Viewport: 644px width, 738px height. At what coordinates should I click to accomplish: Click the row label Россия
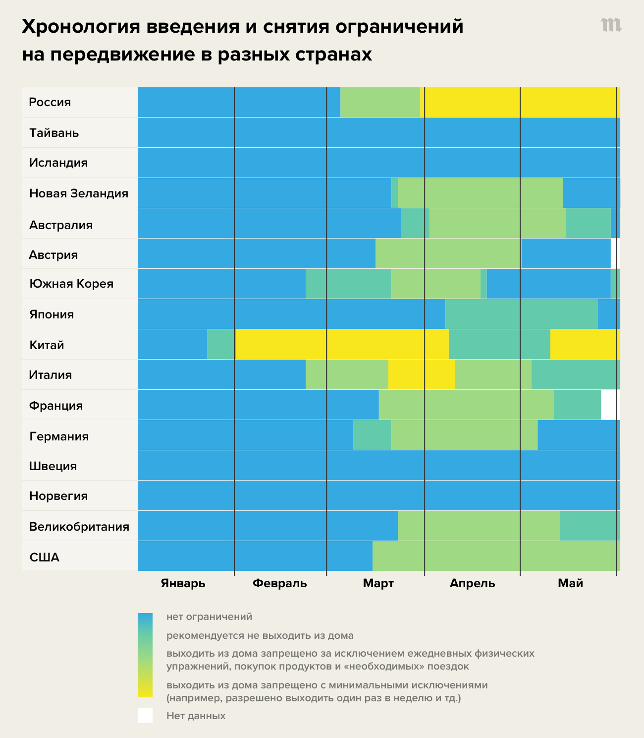[x=50, y=102]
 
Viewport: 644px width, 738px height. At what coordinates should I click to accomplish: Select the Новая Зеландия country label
[x=79, y=193]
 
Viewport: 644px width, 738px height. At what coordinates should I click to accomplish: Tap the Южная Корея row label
[x=71, y=284]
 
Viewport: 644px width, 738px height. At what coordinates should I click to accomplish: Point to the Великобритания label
[x=79, y=527]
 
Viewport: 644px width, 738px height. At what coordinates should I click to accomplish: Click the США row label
[x=45, y=557]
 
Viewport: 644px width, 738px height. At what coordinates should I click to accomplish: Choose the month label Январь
[x=183, y=583]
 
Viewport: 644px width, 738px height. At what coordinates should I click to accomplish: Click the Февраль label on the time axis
[x=280, y=583]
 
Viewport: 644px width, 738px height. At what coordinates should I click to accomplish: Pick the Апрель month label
[x=472, y=583]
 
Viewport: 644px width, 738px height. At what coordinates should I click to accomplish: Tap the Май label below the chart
[x=570, y=583]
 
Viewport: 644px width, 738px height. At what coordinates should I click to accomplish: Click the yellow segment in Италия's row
[x=422, y=374]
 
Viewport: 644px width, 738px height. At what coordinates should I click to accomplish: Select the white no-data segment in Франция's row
[x=610, y=405]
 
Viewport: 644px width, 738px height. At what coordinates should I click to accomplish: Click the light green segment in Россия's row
[x=380, y=102]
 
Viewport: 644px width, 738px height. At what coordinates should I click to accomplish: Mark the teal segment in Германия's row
[x=372, y=435]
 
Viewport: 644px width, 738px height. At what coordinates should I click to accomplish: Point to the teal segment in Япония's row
[x=521, y=314]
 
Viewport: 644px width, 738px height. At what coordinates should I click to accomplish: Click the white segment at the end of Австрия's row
[x=615, y=253]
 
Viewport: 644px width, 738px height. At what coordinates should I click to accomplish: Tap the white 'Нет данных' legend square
[x=145, y=716]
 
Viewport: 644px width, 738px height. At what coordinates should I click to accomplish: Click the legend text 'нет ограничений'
[x=210, y=617]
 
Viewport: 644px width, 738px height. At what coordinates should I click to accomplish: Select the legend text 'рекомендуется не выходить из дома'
[x=260, y=635]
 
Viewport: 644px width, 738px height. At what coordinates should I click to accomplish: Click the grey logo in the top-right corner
[x=611, y=25]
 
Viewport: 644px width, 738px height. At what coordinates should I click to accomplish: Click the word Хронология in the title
[x=80, y=27]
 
